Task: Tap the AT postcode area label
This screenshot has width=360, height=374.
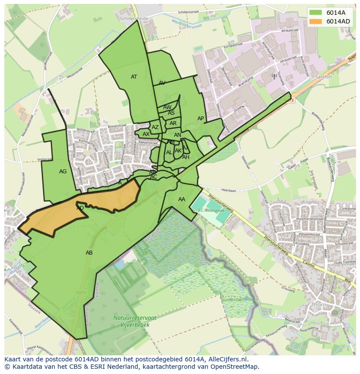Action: tap(134, 77)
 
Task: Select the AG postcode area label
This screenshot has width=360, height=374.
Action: tap(63, 172)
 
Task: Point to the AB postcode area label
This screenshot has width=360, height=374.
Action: tap(89, 253)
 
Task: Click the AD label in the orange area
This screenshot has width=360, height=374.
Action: tap(80, 208)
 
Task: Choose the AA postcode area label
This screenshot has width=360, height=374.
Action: tap(182, 199)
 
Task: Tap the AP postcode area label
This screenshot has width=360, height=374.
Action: tap(200, 119)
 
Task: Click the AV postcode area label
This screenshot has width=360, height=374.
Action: tap(162, 83)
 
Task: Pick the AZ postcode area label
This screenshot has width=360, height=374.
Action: tap(155, 127)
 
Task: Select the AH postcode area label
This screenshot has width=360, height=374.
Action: tap(186, 157)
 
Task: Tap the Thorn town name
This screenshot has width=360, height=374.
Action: tap(319, 304)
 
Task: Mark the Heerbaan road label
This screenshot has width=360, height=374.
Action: tap(228, 190)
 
